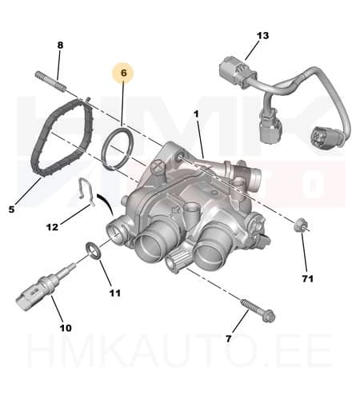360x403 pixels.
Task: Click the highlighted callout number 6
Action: (x=123, y=73)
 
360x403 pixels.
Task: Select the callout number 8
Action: (x=60, y=45)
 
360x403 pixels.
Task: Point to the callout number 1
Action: (x=196, y=114)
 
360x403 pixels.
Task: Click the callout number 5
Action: (x=11, y=209)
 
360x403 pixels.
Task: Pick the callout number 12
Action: (x=52, y=227)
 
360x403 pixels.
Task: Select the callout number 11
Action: (x=114, y=293)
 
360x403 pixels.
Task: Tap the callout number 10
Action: (x=65, y=328)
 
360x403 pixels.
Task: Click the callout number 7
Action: (x=229, y=338)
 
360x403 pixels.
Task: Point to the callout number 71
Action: (x=307, y=278)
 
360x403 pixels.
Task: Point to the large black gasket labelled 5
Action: (x=57, y=140)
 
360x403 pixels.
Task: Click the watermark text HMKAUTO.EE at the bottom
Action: (x=179, y=375)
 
